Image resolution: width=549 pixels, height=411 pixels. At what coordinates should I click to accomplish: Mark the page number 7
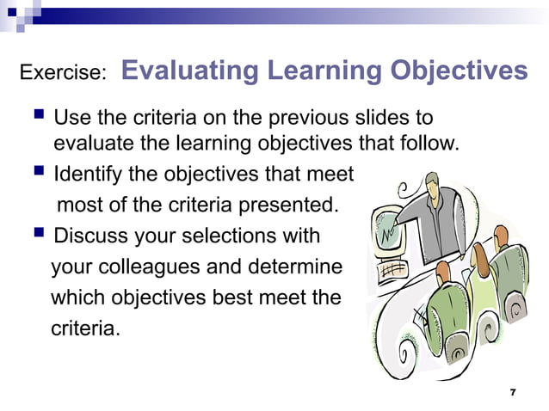tap(513, 392)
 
